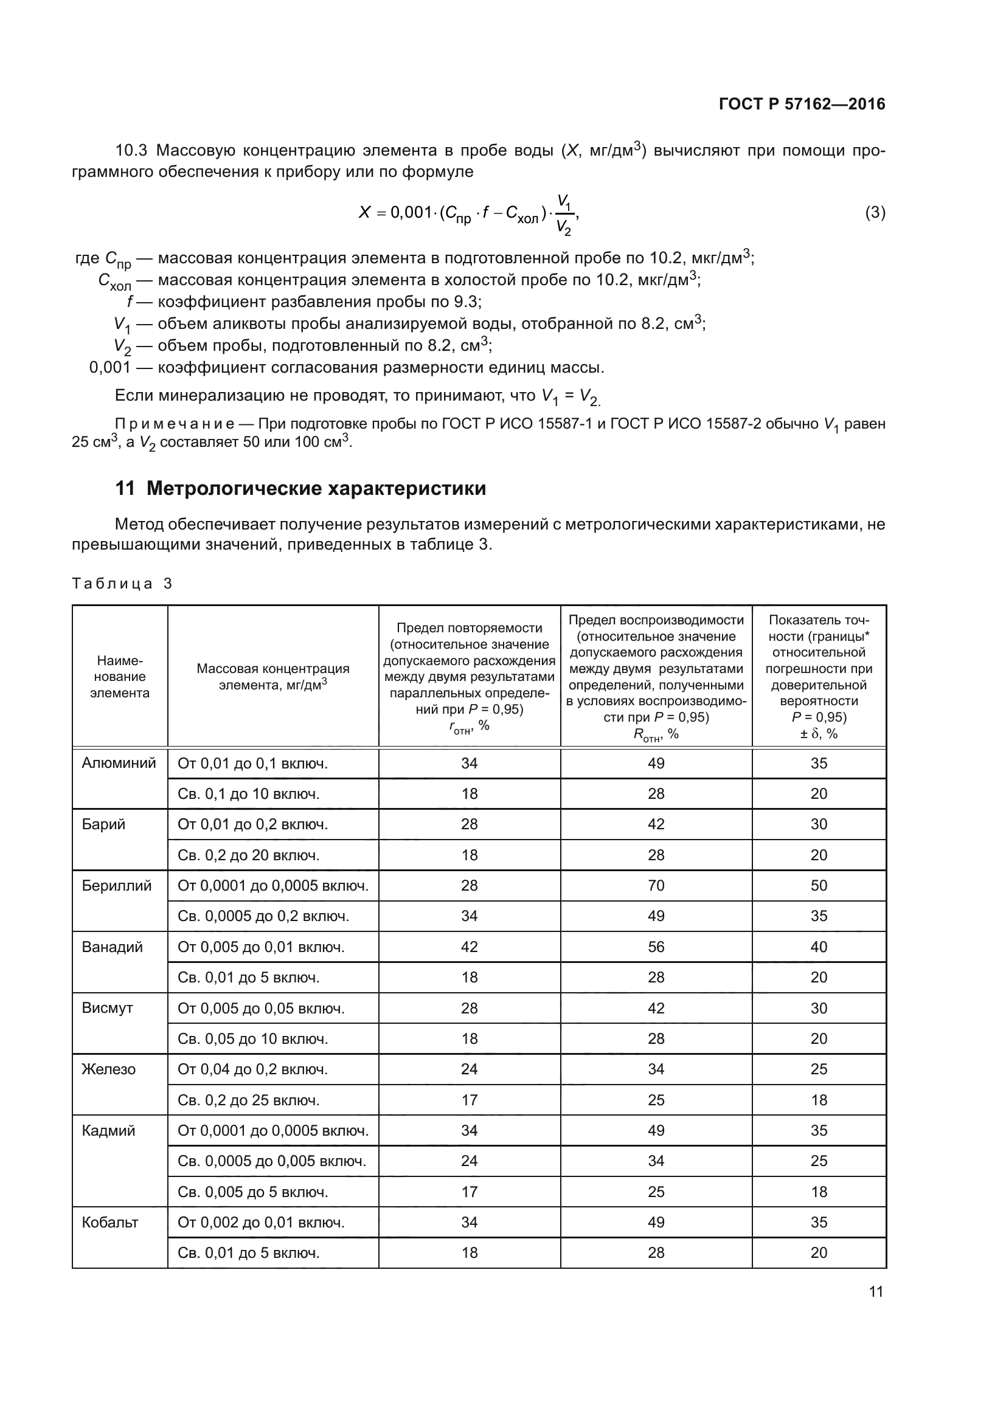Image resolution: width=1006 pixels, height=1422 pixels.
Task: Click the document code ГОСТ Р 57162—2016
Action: click(x=802, y=104)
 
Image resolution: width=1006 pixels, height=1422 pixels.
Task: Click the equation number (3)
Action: click(x=875, y=212)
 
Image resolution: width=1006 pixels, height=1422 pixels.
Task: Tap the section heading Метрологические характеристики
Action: click(x=316, y=488)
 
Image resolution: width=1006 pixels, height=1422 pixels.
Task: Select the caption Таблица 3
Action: click(x=122, y=584)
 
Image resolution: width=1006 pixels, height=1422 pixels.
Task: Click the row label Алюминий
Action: click(x=119, y=763)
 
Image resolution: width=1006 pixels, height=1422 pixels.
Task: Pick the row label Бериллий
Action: click(x=116, y=886)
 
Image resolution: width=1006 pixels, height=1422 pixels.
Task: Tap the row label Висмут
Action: click(x=107, y=1007)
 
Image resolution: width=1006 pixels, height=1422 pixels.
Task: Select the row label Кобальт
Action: click(x=109, y=1222)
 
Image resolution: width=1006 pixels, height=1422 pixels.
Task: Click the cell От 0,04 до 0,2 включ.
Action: click(x=253, y=1069)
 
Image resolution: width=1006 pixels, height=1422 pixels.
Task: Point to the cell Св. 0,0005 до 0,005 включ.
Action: click(x=271, y=1161)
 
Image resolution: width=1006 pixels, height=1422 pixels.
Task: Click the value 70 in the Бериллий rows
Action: click(x=656, y=886)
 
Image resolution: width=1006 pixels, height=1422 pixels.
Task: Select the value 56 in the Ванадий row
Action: click(x=656, y=947)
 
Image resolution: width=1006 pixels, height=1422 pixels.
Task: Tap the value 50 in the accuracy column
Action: click(x=819, y=886)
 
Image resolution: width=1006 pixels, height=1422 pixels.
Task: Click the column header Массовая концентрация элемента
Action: click(x=272, y=676)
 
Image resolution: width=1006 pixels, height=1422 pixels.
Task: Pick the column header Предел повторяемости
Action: click(x=469, y=628)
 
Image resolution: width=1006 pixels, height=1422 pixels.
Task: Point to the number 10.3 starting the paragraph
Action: click(x=131, y=151)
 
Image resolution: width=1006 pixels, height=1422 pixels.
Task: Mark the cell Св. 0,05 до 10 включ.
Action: click(x=253, y=1038)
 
